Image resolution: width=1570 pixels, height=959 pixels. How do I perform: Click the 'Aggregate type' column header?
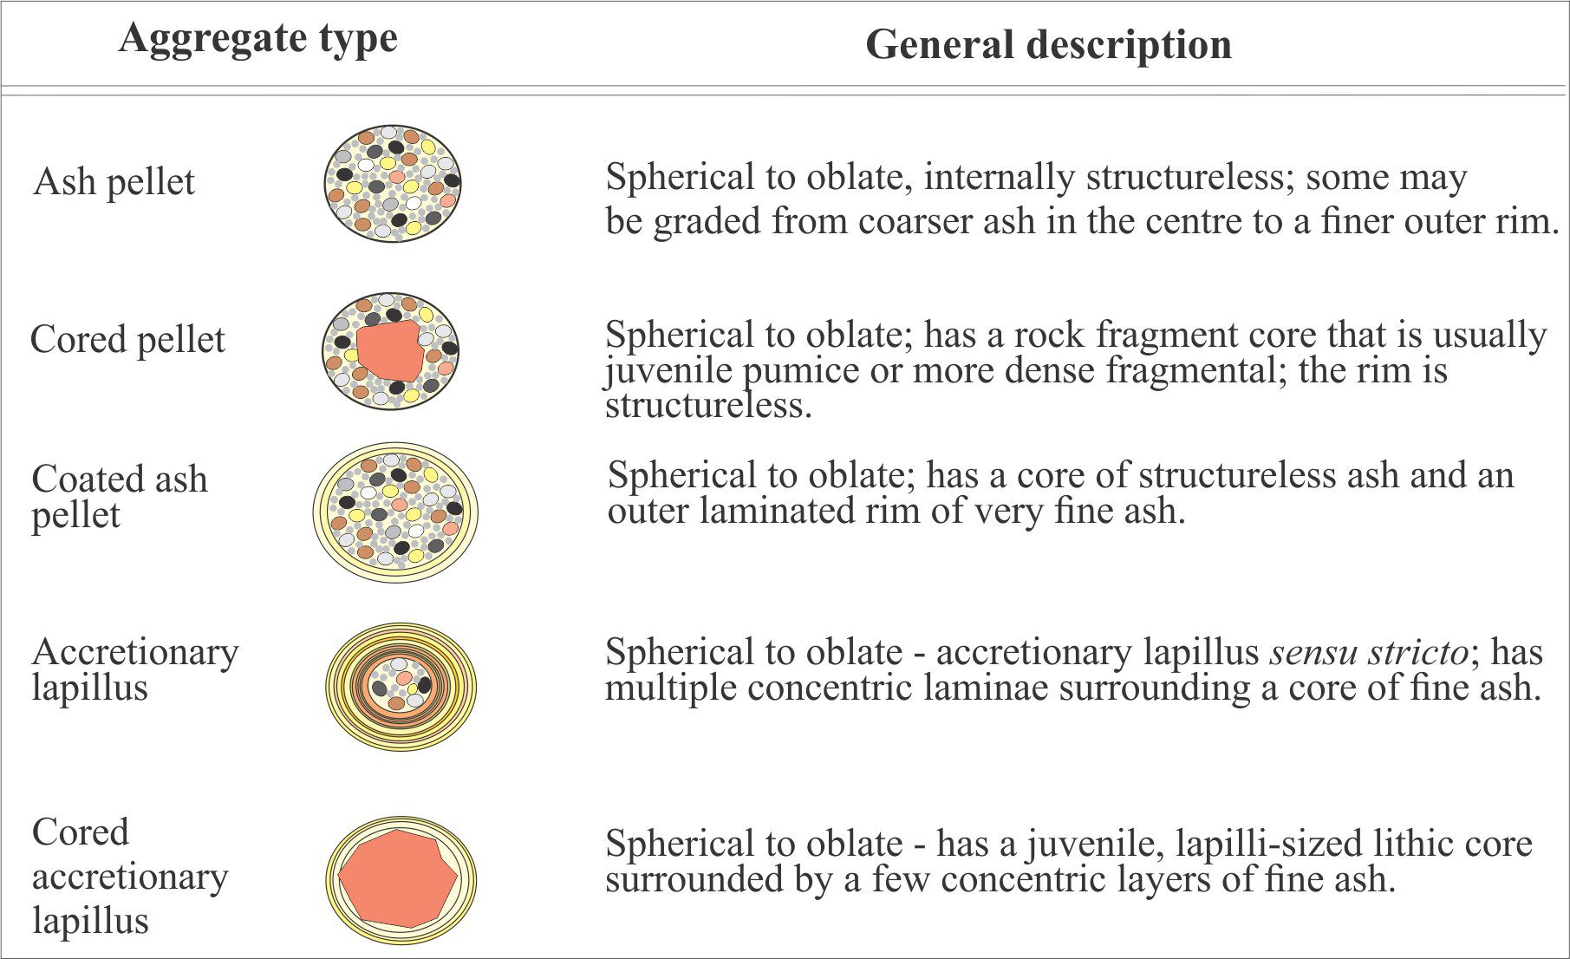[x=258, y=39]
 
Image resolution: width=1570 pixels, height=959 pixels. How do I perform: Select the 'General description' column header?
[x=1048, y=44]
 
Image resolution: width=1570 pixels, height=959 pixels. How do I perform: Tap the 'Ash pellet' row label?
[x=114, y=182]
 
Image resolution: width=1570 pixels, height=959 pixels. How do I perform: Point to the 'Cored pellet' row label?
[x=127, y=340]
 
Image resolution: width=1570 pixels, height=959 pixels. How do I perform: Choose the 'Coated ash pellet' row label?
[x=120, y=497]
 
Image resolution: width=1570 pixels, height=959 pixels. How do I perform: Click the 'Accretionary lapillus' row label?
[x=135, y=669]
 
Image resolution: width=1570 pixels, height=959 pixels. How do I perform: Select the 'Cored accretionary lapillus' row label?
[x=130, y=876]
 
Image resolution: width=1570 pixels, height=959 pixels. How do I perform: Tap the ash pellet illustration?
[x=393, y=183]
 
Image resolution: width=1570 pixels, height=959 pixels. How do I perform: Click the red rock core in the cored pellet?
[x=390, y=350]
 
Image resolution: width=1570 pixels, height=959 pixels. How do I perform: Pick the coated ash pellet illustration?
[x=395, y=512]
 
